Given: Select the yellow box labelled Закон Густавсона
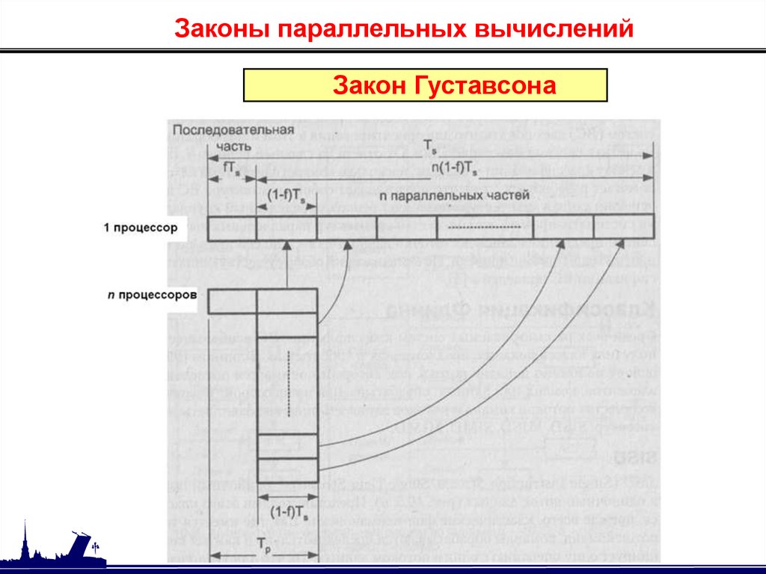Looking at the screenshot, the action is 425,85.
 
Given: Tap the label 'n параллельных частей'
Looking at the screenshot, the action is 454,195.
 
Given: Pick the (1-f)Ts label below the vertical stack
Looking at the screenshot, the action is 288,515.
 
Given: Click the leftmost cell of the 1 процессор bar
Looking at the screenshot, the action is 233,228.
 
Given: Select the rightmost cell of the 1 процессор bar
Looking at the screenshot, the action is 623,228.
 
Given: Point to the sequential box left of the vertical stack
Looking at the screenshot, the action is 233,301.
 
